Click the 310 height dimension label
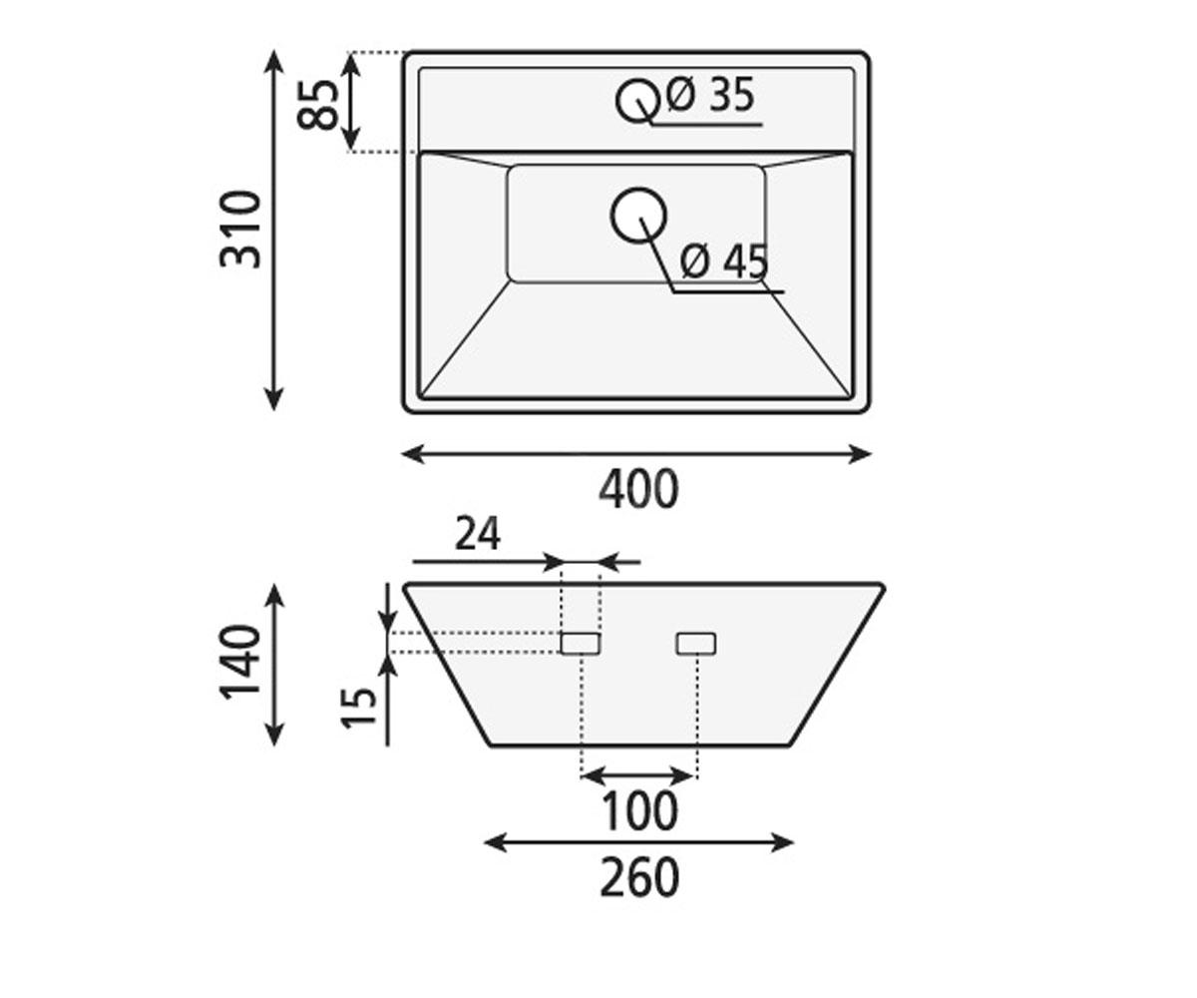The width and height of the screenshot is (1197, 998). coord(240,230)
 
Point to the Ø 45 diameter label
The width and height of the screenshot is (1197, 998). coord(724,262)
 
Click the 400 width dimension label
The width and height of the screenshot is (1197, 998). coord(638,489)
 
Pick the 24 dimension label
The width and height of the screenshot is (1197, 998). coord(478,533)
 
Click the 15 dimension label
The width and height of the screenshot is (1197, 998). coord(359,708)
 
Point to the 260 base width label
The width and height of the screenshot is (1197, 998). coord(639,878)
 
